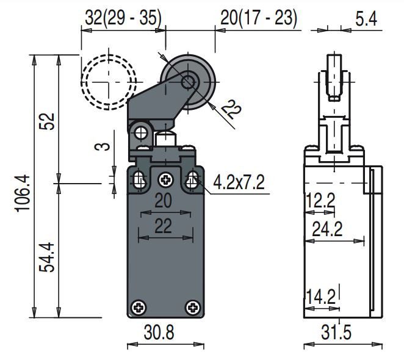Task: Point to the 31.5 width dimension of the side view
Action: pyautogui.click(x=336, y=333)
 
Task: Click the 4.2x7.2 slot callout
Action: pyautogui.click(x=239, y=182)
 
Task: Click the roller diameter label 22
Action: pyautogui.click(x=230, y=111)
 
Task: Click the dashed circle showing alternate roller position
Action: pyautogui.click(x=108, y=81)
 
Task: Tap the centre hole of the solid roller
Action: pyautogui.click(x=187, y=81)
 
